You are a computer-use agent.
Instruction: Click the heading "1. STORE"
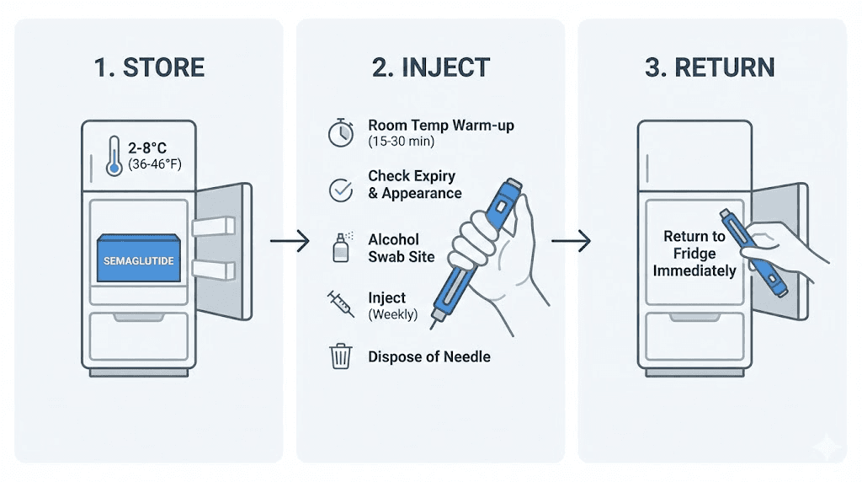[x=149, y=68]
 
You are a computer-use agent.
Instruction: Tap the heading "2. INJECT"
[x=430, y=68]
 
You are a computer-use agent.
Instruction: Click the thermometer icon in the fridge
[x=114, y=156]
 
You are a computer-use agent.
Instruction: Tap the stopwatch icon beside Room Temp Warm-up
[x=340, y=133]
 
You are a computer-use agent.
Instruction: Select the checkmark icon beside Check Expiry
[x=340, y=189]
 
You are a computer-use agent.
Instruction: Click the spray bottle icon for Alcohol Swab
[x=339, y=246]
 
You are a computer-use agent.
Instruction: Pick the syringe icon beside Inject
[x=340, y=303]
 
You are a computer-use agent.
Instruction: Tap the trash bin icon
[x=340, y=356]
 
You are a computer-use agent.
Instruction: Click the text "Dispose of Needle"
[x=428, y=356]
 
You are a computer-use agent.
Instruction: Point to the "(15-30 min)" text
[x=401, y=142]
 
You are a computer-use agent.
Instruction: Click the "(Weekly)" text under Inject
[x=392, y=314]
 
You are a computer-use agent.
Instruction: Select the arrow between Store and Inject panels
[x=290, y=243]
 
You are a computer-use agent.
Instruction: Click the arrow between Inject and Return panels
[x=571, y=243]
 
